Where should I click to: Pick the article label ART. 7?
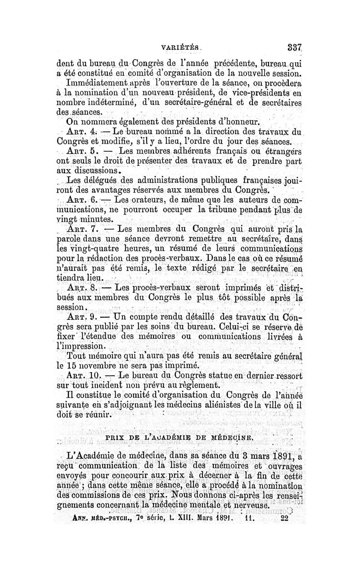pos(79,228)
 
